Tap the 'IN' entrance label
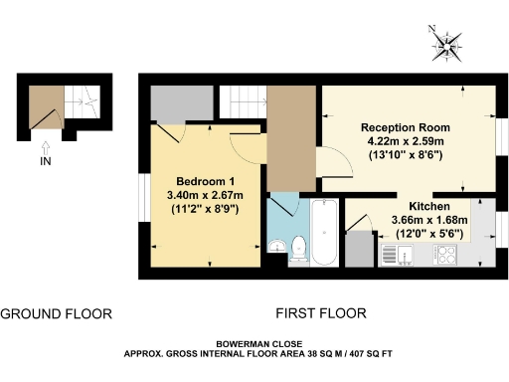click(x=45, y=160)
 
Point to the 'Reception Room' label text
click(x=406, y=127)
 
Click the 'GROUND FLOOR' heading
click(x=56, y=313)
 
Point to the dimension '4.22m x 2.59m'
click(x=406, y=141)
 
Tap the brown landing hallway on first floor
click(x=290, y=134)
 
